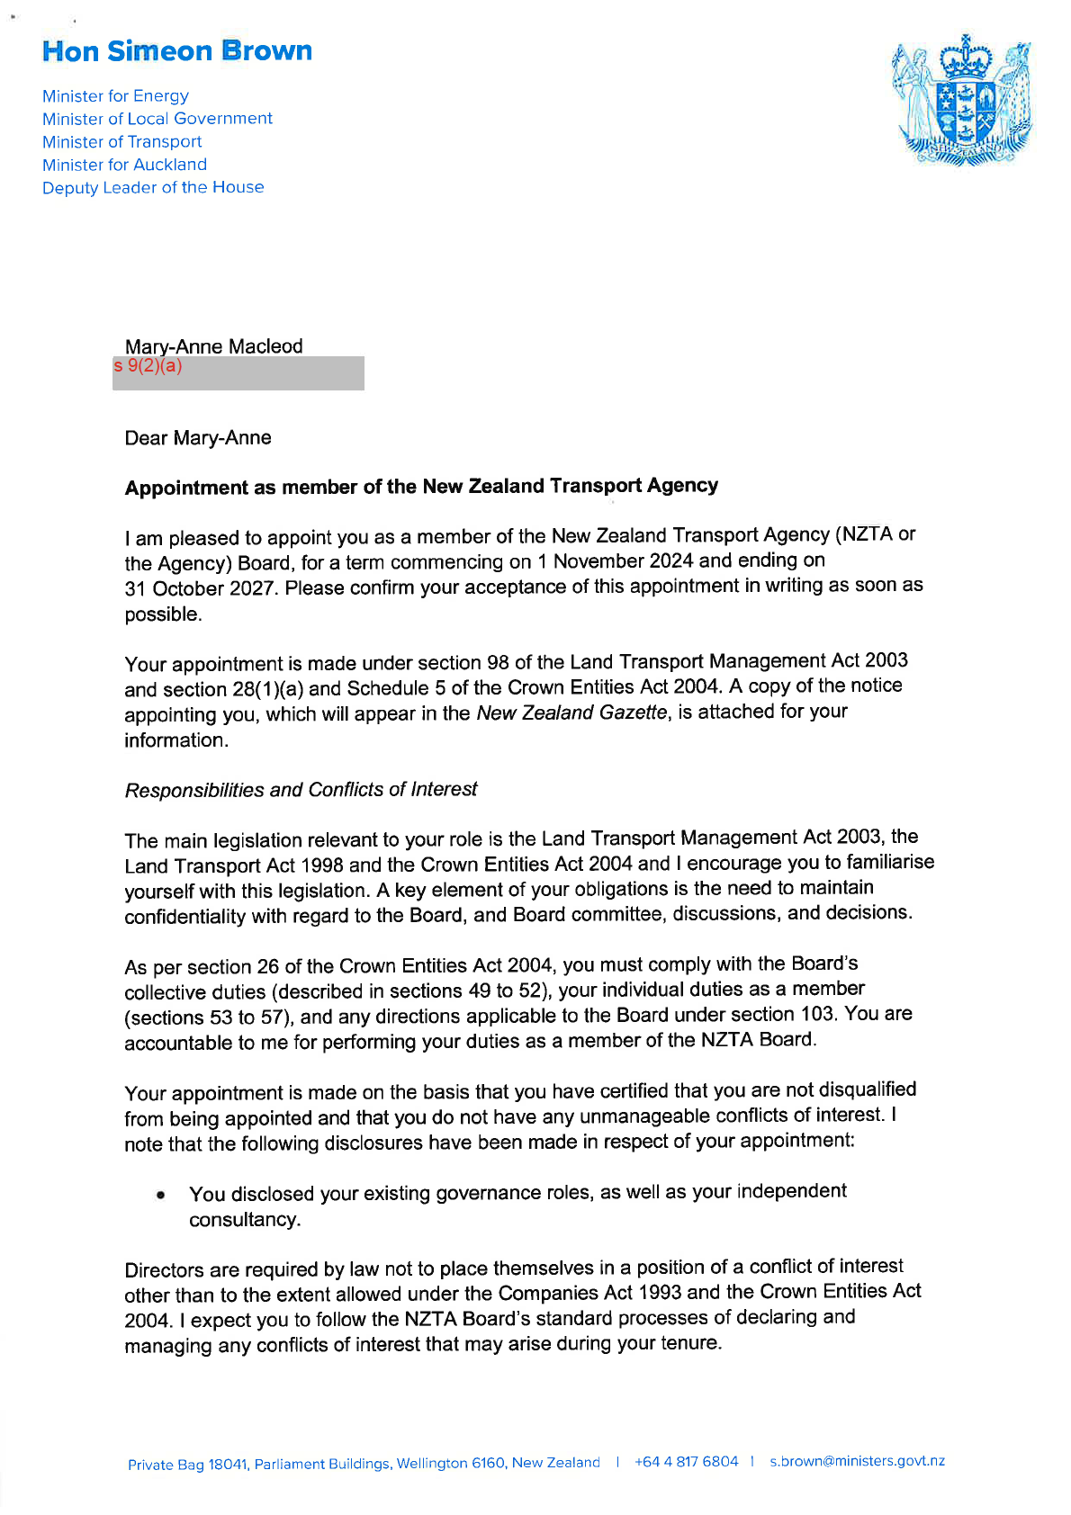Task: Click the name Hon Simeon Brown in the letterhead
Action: point(177,51)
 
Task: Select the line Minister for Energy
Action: point(115,96)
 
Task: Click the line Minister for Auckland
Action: point(124,165)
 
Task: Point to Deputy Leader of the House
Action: point(153,188)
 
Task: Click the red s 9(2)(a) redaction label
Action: point(148,366)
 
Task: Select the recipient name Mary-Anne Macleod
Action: point(213,346)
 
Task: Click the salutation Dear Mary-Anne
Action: point(198,438)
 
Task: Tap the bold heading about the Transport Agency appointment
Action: point(421,487)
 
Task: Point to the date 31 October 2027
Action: point(200,588)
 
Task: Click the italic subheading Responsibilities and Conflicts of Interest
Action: point(301,790)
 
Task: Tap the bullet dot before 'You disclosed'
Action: point(160,1196)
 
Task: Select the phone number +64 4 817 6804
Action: point(686,1462)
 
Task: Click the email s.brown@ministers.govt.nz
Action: point(857,1461)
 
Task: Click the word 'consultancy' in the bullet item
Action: point(243,1220)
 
